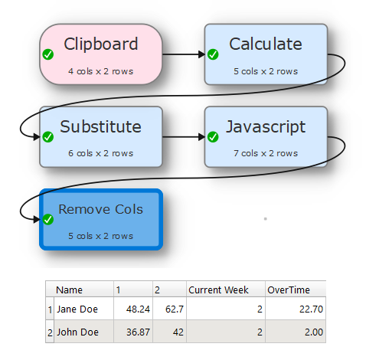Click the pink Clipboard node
pyautogui.click(x=101, y=54)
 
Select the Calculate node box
pyautogui.click(x=266, y=54)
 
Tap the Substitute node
pyautogui.click(x=101, y=137)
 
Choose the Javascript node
pyautogui.click(x=266, y=137)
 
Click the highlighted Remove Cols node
pyautogui.click(x=101, y=220)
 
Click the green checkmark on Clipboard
pyautogui.click(x=48, y=54)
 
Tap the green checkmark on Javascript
pyautogui.click(x=213, y=137)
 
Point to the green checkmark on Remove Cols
pyautogui.click(x=48, y=220)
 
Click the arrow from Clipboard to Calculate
pyautogui.click(x=184, y=54)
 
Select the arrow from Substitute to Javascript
pyautogui.click(x=184, y=137)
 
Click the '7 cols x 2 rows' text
pyautogui.click(x=266, y=153)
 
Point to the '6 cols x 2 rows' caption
pyautogui.click(x=100, y=153)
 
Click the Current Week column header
pyautogui.click(x=218, y=290)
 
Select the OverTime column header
pyautogui.click(x=289, y=290)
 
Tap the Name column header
pyautogui.click(x=69, y=290)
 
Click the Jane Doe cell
pyautogui.click(x=77, y=309)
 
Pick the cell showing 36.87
pyautogui.click(x=138, y=332)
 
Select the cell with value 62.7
pyautogui.click(x=175, y=309)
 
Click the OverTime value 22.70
pyautogui.click(x=311, y=309)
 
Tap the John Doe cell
pyautogui.click(x=77, y=332)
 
